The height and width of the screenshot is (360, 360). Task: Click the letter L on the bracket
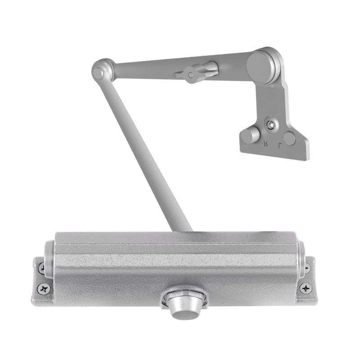click(280, 145)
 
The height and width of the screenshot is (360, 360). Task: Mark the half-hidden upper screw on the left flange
click(42, 268)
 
